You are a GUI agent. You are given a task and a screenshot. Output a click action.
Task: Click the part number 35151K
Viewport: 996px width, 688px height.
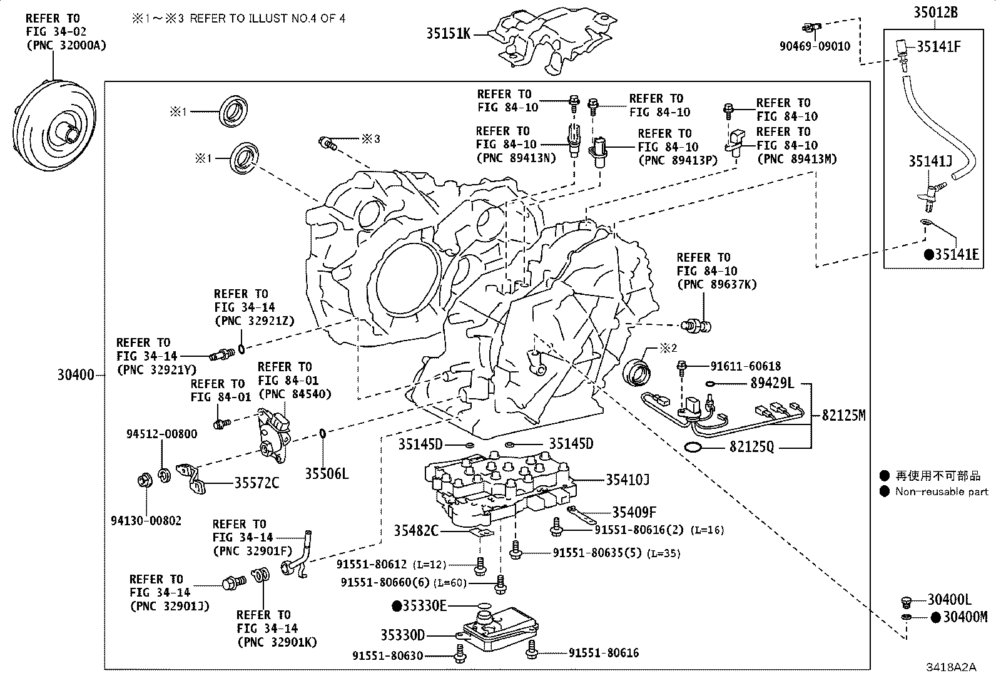click(448, 34)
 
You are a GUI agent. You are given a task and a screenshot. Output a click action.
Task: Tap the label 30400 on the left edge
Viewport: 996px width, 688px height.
click(76, 375)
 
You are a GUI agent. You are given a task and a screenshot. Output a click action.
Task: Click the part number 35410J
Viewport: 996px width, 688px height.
click(627, 480)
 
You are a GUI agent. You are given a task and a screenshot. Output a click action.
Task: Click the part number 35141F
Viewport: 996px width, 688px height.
click(938, 46)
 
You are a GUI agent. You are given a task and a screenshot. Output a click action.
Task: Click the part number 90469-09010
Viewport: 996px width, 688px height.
click(815, 46)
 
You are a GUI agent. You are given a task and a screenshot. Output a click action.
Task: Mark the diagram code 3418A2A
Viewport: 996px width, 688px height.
click(951, 667)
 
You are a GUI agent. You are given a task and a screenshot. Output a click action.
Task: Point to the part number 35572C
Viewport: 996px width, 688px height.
click(257, 483)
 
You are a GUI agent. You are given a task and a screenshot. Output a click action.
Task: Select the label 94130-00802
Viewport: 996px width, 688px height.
click(146, 520)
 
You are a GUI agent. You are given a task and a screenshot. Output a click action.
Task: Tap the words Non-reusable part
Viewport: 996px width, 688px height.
click(942, 491)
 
